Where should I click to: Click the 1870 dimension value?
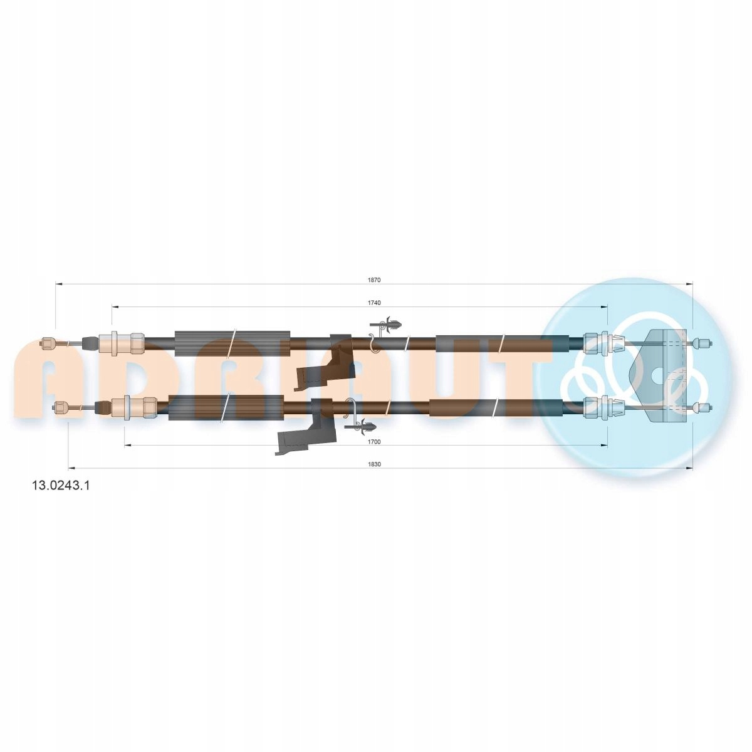point(373,279)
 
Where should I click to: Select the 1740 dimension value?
point(374,303)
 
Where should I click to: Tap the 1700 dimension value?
point(374,442)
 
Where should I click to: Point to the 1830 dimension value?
point(374,464)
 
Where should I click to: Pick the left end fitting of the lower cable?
point(61,407)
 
